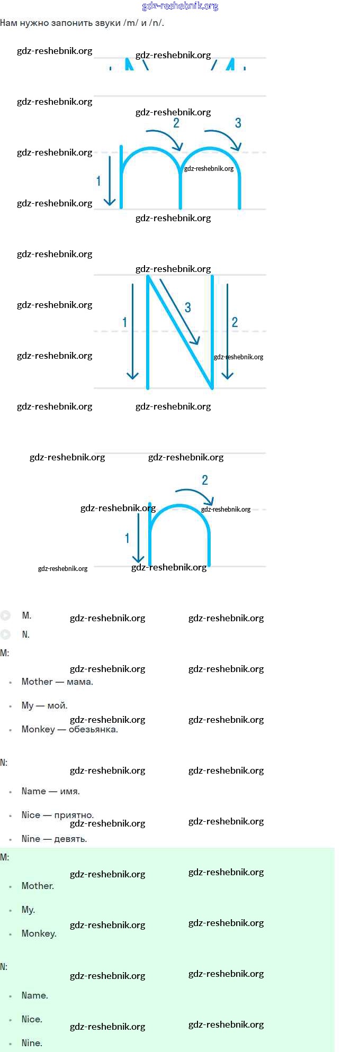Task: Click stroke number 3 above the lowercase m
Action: point(238,123)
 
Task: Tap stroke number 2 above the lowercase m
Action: point(176,123)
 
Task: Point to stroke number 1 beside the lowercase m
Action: point(98,182)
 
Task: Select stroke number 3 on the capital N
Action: point(188,307)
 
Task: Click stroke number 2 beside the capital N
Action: point(235,322)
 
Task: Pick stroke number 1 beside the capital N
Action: point(124,322)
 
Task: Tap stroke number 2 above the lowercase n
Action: point(205,480)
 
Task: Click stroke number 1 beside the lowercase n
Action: point(127,538)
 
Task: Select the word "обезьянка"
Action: point(93,729)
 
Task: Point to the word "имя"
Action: point(69,791)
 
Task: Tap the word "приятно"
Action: point(74,815)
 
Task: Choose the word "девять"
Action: point(70,839)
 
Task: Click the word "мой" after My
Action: point(57,705)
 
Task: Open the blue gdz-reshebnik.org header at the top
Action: point(180,6)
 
